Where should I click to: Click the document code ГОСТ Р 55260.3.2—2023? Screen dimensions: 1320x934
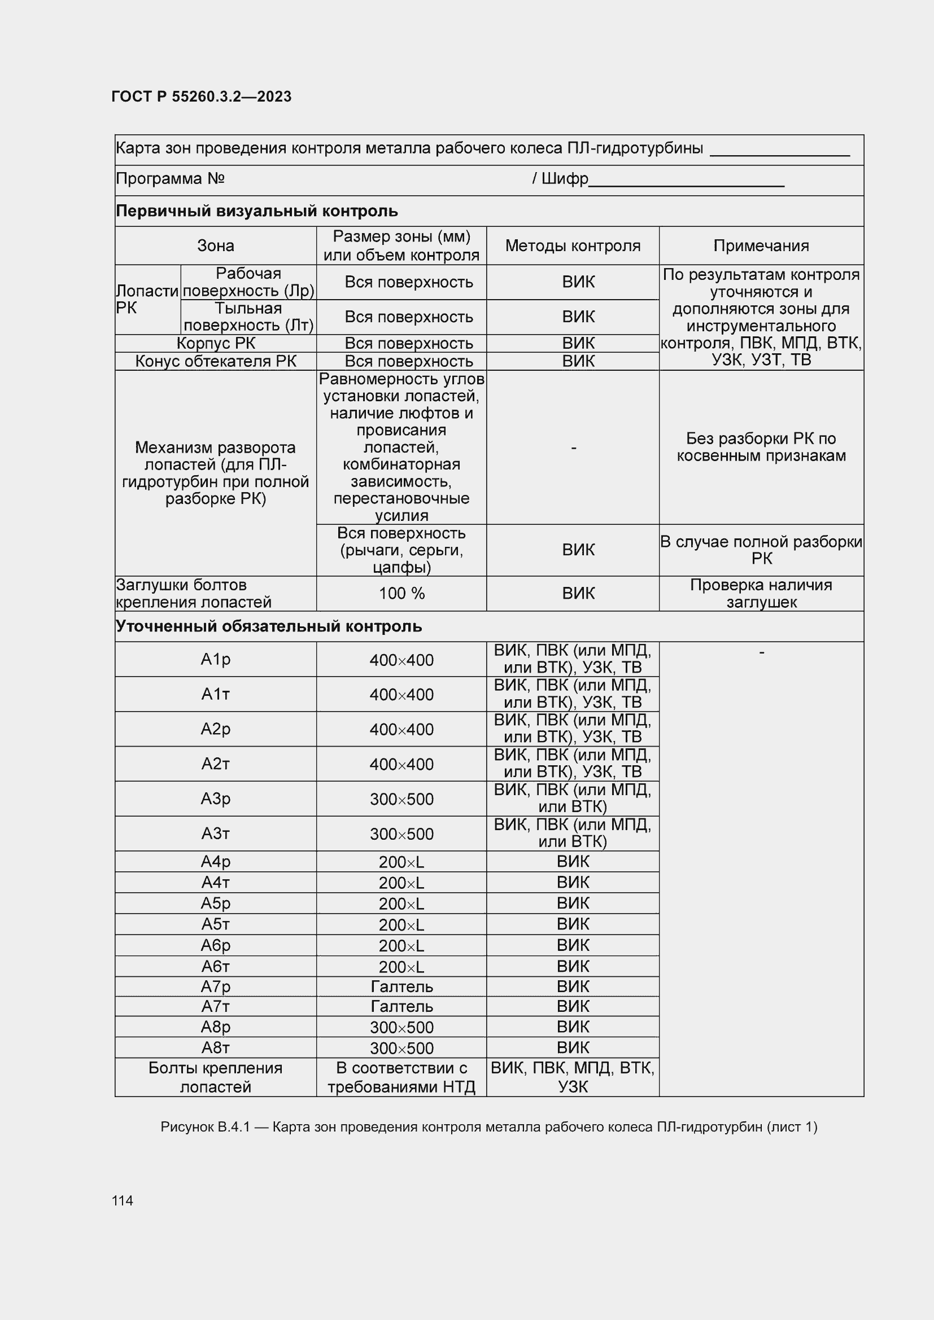[x=201, y=97]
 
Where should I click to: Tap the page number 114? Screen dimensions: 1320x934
[x=123, y=1200]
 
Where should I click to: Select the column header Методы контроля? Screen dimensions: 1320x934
[x=572, y=246]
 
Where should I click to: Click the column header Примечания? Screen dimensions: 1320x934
[x=761, y=246]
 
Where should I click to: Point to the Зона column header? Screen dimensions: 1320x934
[x=215, y=246]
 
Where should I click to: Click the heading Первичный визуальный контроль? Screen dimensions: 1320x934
[x=256, y=211]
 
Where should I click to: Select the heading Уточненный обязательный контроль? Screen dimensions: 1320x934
[x=269, y=626]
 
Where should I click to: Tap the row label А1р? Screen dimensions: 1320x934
[x=215, y=659]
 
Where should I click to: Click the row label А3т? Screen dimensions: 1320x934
[x=215, y=833]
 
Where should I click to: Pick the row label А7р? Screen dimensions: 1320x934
[x=215, y=986]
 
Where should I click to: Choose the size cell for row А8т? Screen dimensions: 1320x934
[x=401, y=1048]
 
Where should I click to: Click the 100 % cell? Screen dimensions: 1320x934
[x=401, y=593]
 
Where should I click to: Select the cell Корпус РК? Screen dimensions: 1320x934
[x=215, y=343]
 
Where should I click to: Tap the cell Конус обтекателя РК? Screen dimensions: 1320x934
[x=215, y=361]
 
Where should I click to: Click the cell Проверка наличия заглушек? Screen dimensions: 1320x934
[x=761, y=593]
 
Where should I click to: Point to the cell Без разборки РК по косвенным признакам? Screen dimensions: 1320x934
[x=761, y=448]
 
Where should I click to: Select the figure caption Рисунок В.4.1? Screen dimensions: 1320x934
[x=489, y=1127]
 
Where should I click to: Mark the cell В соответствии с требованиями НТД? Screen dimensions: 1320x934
[x=401, y=1077]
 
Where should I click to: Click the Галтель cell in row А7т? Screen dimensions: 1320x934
[x=401, y=1007]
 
